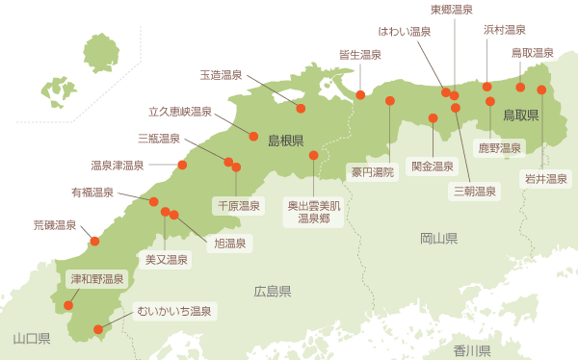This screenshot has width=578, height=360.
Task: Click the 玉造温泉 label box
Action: [222, 74]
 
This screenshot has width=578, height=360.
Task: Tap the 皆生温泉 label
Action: [360, 55]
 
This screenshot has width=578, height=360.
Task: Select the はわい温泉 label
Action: [405, 32]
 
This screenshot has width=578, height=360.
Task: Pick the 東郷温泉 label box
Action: [452, 10]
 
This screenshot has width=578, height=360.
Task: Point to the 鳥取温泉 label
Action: [532, 52]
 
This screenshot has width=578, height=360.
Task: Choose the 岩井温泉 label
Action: [545, 178]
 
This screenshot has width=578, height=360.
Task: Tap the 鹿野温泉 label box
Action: [500, 147]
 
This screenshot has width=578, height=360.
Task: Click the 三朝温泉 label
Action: [476, 191]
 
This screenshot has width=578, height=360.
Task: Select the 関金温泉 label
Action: [433, 166]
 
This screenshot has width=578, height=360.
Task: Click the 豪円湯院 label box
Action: [373, 172]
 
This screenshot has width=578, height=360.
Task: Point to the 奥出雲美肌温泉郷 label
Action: [314, 212]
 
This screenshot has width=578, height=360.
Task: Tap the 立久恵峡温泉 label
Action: [180, 112]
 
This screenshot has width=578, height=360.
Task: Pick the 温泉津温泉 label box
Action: [117, 165]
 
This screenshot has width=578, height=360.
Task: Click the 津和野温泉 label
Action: [97, 279]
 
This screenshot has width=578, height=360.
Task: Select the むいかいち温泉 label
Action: [173, 311]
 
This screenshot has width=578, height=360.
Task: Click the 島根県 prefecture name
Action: [286, 141]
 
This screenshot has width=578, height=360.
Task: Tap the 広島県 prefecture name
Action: [273, 291]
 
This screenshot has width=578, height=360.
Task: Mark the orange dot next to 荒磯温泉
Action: [94, 241]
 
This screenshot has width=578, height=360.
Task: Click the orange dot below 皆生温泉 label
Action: [360, 94]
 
